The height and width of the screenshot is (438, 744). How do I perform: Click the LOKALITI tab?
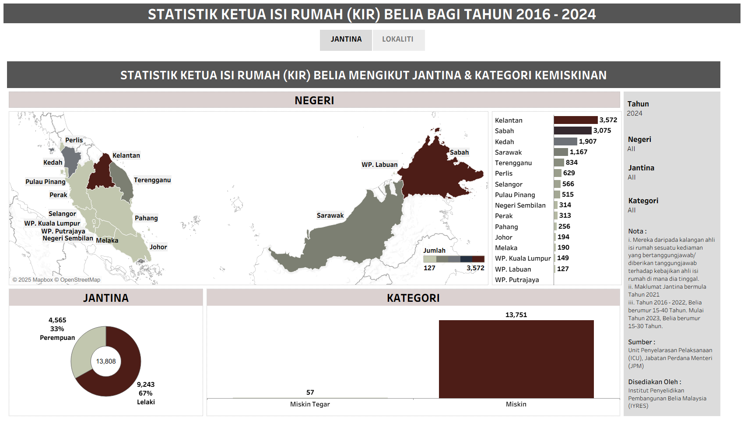click(398, 39)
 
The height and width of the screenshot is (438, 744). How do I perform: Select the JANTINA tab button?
click(346, 39)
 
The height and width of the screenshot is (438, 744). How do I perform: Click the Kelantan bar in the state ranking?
click(576, 120)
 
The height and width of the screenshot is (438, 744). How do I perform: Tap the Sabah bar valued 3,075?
click(572, 131)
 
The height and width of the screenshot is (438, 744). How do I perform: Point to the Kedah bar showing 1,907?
click(565, 141)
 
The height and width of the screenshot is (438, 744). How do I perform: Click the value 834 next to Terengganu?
click(572, 162)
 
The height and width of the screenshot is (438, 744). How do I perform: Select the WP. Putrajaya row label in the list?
click(517, 280)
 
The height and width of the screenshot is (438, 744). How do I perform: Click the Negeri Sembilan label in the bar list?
click(520, 205)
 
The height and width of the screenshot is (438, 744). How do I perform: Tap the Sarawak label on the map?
click(330, 215)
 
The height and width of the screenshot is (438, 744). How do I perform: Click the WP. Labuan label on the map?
click(379, 165)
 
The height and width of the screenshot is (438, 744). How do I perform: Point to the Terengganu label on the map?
click(152, 180)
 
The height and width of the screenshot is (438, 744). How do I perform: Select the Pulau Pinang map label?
click(45, 182)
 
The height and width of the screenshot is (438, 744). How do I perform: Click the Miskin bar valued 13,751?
click(516, 359)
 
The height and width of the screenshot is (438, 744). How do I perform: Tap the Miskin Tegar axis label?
click(310, 404)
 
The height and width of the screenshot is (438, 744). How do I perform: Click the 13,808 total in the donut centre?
click(106, 361)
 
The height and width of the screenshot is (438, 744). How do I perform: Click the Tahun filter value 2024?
click(635, 113)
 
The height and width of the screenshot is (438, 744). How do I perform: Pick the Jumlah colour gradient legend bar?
click(453, 259)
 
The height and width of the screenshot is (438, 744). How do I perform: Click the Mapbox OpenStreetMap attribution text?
click(56, 280)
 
